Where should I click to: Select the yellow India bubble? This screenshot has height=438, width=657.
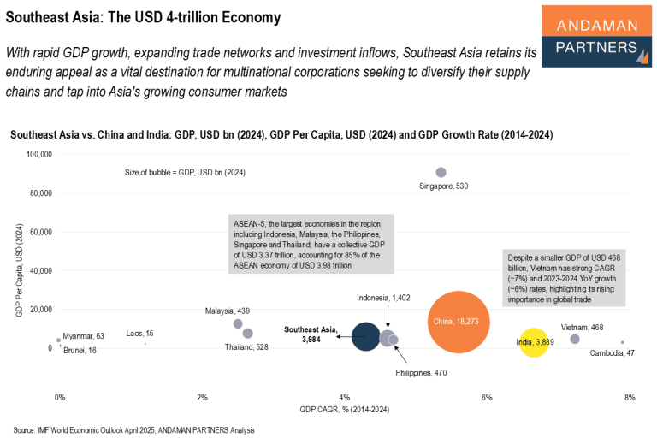click(535, 342)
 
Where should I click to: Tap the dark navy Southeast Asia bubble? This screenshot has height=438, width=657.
click(365, 336)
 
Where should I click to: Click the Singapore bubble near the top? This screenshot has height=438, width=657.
click(441, 173)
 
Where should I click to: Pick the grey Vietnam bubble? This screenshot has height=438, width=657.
click(575, 340)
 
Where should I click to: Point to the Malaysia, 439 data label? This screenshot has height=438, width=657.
click(227, 311)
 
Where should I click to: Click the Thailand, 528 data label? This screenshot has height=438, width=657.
click(247, 347)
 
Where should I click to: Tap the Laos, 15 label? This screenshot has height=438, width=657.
click(140, 333)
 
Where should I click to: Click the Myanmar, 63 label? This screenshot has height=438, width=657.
click(84, 336)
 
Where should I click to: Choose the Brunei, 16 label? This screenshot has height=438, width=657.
click(80, 350)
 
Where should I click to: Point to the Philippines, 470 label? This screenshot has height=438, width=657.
click(421, 373)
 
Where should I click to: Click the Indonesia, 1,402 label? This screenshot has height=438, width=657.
click(384, 297)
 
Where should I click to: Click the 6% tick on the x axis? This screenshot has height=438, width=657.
click(487, 398)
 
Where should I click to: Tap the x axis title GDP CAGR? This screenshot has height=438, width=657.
click(345, 410)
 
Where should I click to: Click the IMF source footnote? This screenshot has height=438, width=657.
click(133, 429)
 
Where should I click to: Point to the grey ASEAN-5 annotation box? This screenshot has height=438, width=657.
click(311, 244)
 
